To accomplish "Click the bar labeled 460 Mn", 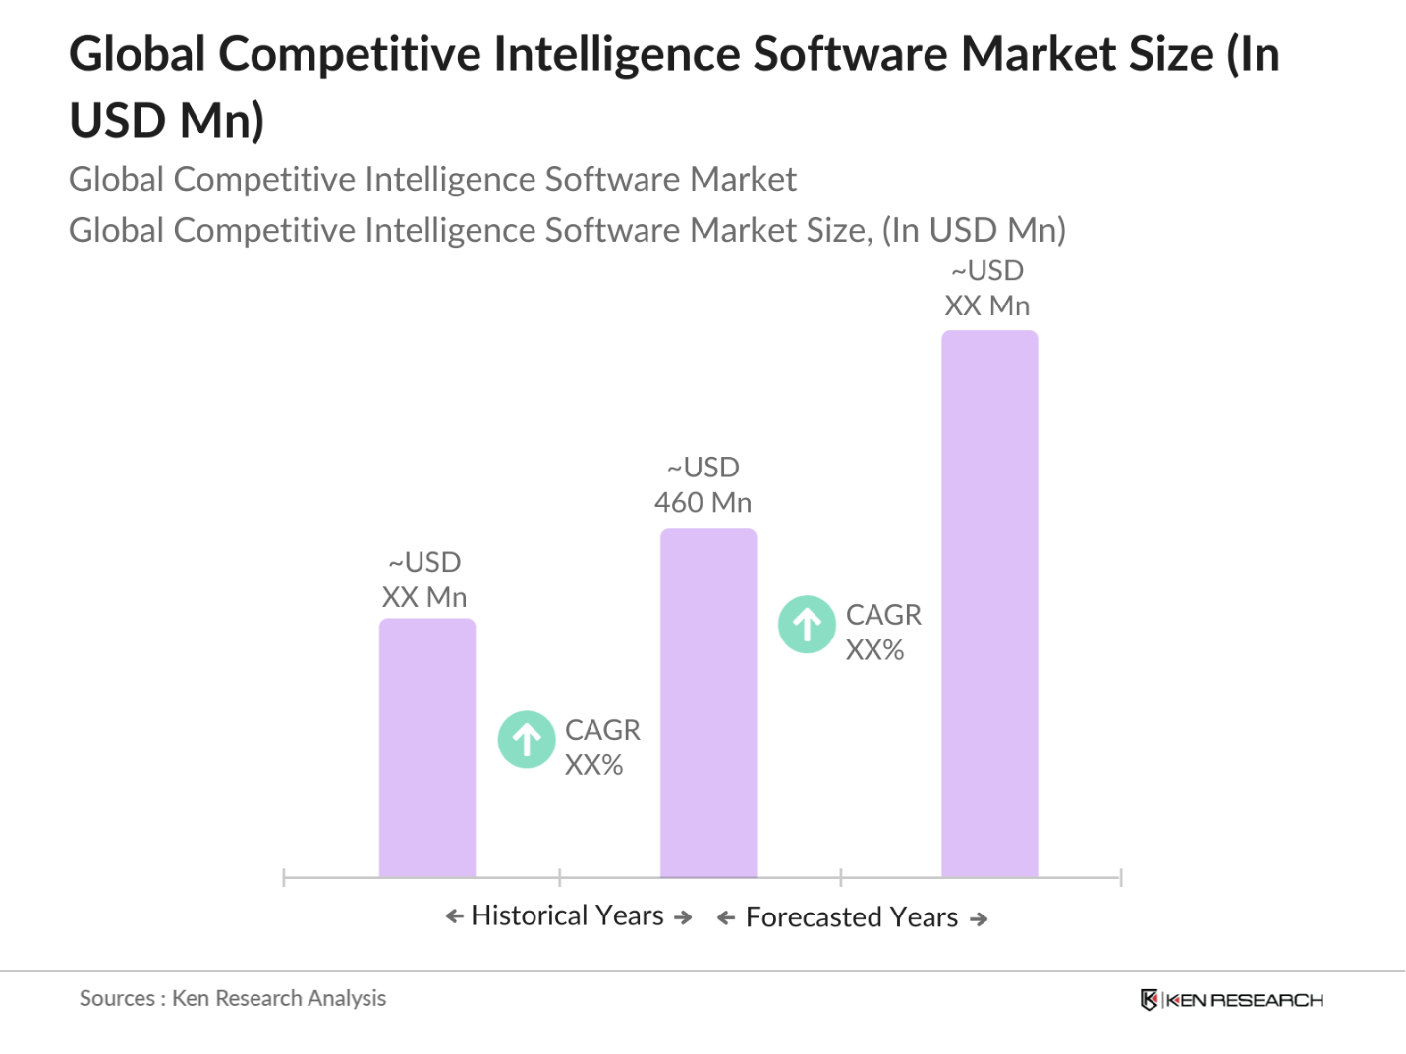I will pyautogui.click(x=708, y=702).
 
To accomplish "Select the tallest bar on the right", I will pyautogui.click(x=989, y=603).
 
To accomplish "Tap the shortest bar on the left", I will pyautogui.click(x=427, y=748).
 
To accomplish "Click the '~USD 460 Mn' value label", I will pyautogui.click(x=703, y=485).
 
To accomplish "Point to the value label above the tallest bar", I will pyautogui.click(x=987, y=288).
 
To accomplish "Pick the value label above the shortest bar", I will pyautogui.click(x=424, y=580).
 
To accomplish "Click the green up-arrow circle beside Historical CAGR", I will pyautogui.click(x=527, y=740).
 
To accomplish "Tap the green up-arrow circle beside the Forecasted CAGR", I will pyautogui.click(x=807, y=625).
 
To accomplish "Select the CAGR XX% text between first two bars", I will pyautogui.click(x=601, y=748).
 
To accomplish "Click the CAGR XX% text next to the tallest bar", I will pyautogui.click(x=882, y=633).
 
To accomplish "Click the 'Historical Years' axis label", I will pyautogui.click(x=568, y=915).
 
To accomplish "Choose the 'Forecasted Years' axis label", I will pyautogui.click(x=852, y=917).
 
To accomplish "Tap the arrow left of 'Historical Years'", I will pyautogui.click(x=454, y=916).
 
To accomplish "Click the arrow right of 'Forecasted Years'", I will pyautogui.click(x=979, y=919).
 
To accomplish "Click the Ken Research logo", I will pyautogui.click(x=1231, y=1000).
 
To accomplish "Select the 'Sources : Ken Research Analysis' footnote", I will pyautogui.click(x=233, y=998).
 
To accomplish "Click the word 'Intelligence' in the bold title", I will pyautogui.click(x=616, y=54).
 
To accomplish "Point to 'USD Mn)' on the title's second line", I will pyautogui.click(x=167, y=121).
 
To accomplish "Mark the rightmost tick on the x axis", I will pyautogui.click(x=1120, y=877).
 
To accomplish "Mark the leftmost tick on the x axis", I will pyautogui.click(x=284, y=877).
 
